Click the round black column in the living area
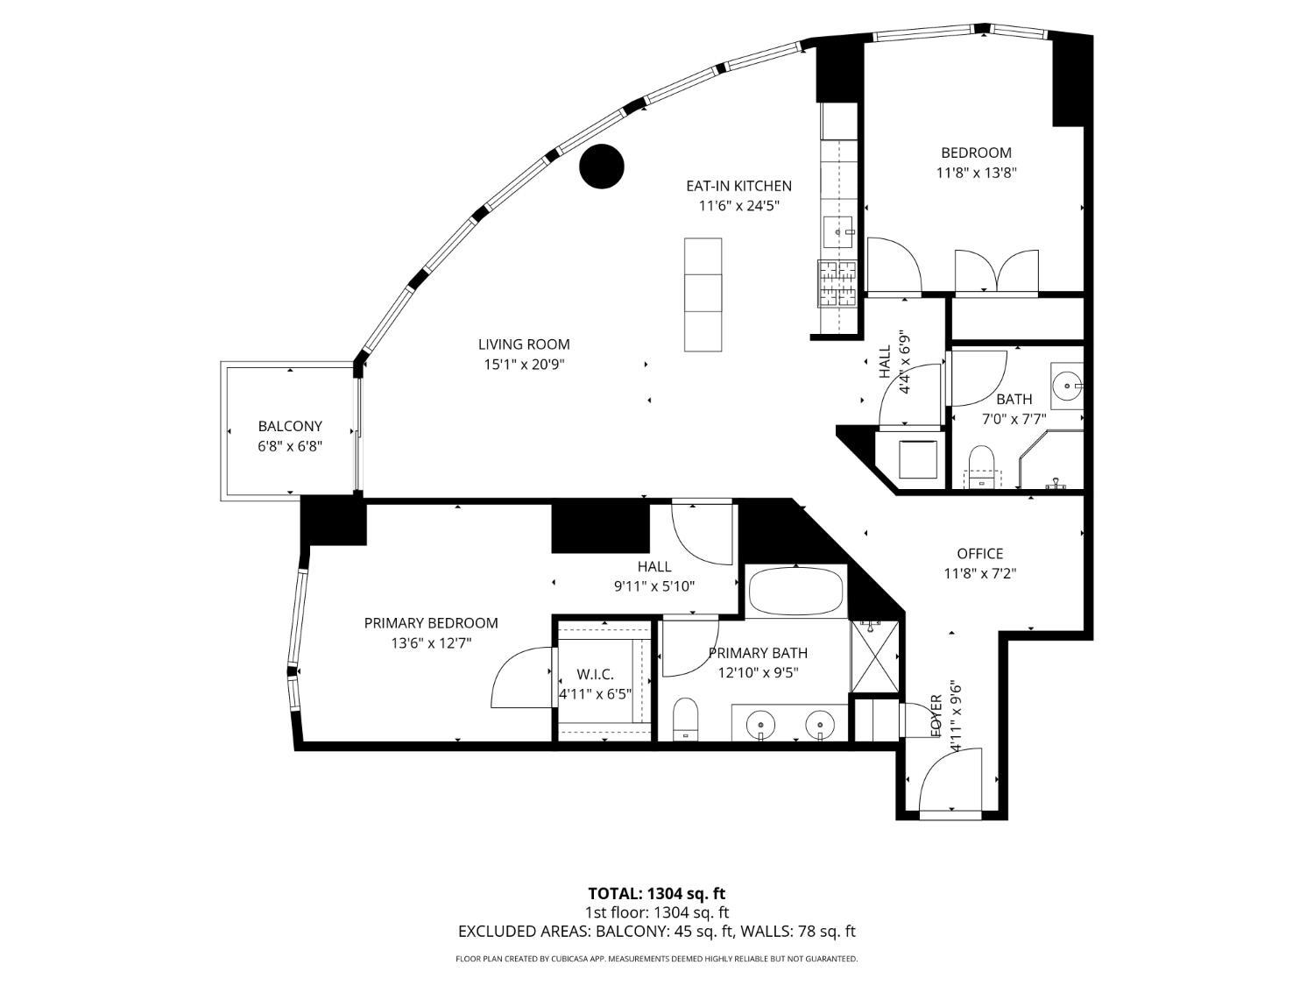coord(602,166)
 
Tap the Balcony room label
coord(290,426)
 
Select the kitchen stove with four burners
coord(837,283)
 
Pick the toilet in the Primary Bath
coord(685,718)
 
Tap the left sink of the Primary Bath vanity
coord(760,724)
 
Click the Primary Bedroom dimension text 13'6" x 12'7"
coord(431,642)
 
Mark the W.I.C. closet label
coord(595,674)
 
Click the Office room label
coord(979,553)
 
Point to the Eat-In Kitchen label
coord(738,186)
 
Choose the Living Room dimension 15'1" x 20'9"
coord(524,364)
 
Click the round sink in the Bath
coord(1067,383)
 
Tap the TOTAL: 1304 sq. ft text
coord(656,894)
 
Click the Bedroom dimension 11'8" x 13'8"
coord(976,173)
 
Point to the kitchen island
coord(703,294)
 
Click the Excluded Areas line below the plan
coord(656,932)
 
